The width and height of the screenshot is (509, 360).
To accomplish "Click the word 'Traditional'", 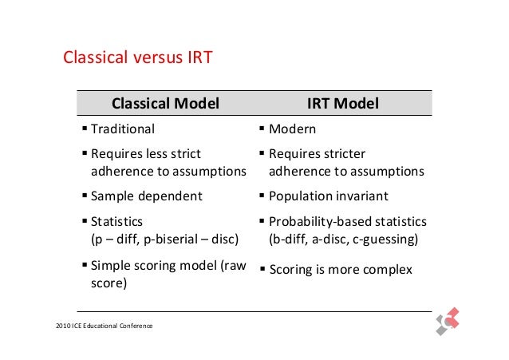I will pos(123,129).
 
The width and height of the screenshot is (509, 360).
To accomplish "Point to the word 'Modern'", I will pos(292,129).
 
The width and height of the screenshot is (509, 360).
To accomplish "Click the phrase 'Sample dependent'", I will pos(146,196).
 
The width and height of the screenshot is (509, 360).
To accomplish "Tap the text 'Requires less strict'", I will pos(146,154).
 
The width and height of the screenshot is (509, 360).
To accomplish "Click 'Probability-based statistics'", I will pos(347,221).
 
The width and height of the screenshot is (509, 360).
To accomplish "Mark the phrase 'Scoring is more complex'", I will pos(341,270).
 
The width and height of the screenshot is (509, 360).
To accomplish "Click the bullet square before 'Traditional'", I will pos(85,128).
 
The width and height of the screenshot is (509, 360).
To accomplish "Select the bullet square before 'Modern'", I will pos(262,128).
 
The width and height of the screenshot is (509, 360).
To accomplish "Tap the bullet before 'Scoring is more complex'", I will pos(262,269).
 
